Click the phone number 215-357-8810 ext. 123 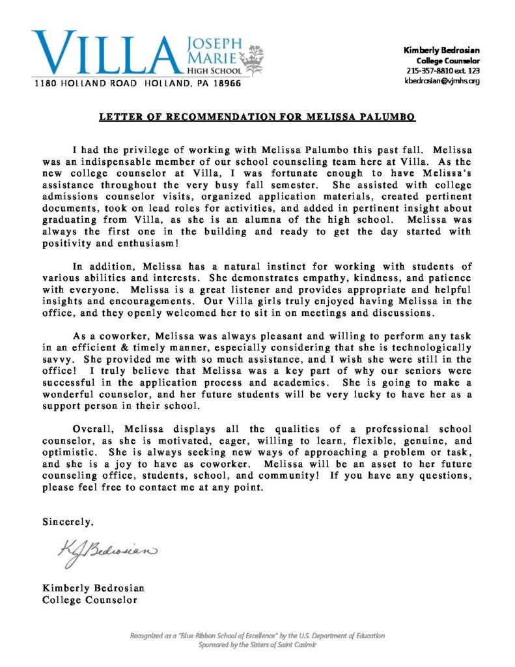click(x=443, y=70)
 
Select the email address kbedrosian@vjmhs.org click(x=443, y=81)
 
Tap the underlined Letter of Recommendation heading click(x=257, y=117)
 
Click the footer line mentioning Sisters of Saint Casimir click(x=257, y=645)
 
